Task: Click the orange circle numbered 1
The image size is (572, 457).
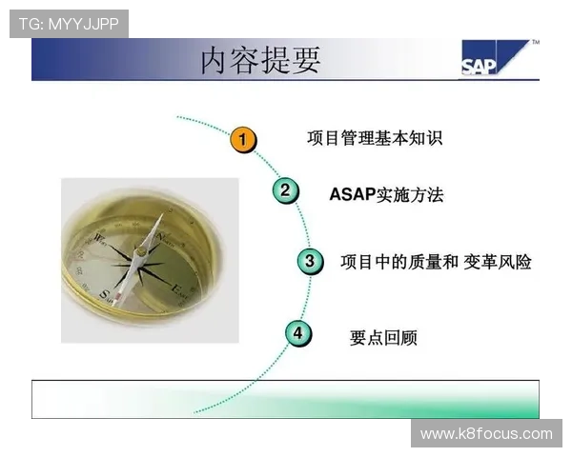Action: point(244,141)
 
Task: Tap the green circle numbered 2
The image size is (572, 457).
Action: point(284,190)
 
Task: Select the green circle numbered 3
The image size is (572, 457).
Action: point(308,260)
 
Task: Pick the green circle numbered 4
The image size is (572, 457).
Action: point(298,333)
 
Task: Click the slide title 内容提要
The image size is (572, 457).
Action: point(260,60)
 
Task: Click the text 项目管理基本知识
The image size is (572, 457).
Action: point(374,139)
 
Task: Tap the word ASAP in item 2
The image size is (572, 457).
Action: point(353,195)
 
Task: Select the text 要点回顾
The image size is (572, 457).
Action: point(383,338)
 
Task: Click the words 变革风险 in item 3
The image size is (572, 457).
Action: point(498,262)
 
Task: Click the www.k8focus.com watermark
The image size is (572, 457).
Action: point(486,434)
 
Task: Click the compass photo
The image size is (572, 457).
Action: point(150,259)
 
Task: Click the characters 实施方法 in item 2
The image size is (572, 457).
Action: point(410,195)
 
